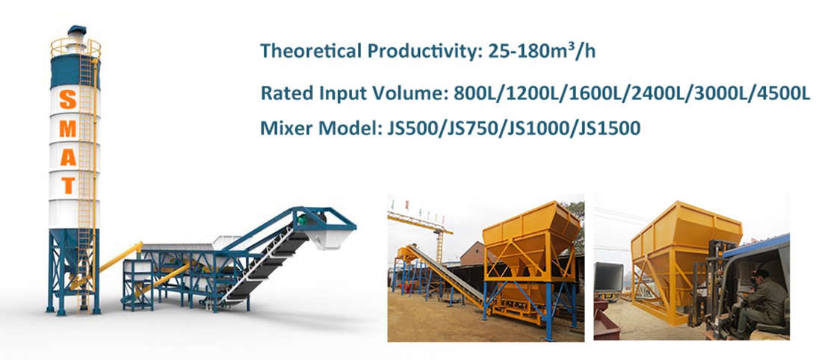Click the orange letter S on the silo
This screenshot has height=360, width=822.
tap(68, 99)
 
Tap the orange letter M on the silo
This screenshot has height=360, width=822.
tap(68, 128)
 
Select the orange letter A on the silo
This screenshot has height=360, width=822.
tap(68, 157)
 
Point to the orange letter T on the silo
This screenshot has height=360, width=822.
tap(68, 185)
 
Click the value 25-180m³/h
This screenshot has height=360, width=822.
tap(542, 50)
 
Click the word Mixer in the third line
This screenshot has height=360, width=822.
tap(282, 128)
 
